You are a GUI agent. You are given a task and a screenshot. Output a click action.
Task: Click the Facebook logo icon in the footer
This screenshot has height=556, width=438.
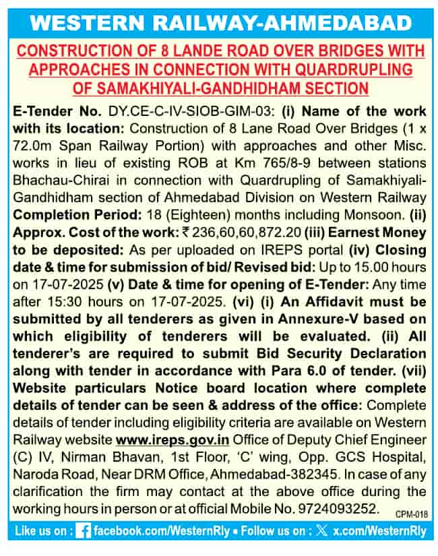click(x=84, y=531)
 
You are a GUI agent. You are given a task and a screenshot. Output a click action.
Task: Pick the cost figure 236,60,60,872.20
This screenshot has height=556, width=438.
click(x=237, y=233)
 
